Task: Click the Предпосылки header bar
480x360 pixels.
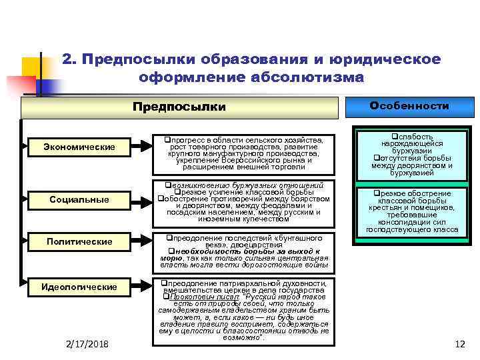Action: pos(180,107)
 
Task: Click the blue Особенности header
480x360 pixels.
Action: pos(409,106)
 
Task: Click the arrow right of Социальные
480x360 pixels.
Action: pos(141,199)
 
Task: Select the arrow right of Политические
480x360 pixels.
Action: pos(141,241)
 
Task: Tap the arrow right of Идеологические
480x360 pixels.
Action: pos(141,287)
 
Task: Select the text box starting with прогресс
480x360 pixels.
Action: pos(245,155)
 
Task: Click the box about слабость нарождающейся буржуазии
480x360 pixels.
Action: pos(411,155)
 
